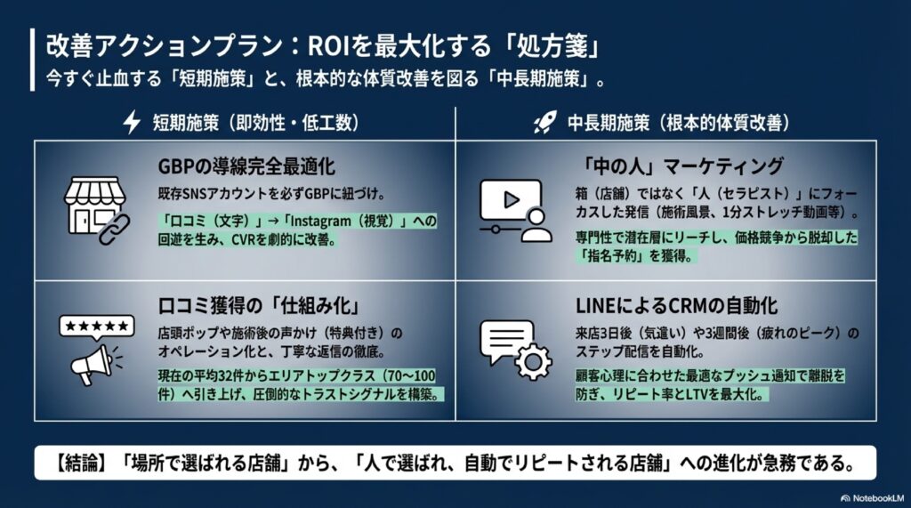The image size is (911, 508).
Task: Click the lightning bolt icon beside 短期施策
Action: [x=132, y=123]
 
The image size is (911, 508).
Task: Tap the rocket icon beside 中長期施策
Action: [x=544, y=123]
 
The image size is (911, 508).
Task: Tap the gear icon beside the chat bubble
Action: [x=534, y=360]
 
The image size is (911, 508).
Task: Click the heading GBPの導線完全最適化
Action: [x=246, y=166]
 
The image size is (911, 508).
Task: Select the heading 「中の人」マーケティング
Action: [x=680, y=166]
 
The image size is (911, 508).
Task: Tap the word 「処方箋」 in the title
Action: [x=559, y=45]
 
